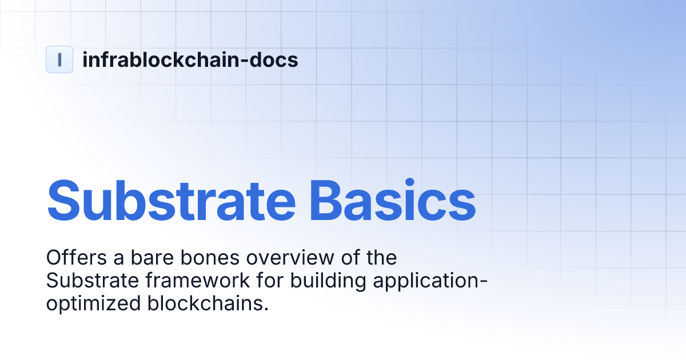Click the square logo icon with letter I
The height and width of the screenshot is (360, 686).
[59, 59]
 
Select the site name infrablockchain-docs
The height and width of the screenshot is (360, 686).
[190, 59]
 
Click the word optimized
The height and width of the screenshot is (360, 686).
[93, 303]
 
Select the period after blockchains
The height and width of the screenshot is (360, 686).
[266, 309]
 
